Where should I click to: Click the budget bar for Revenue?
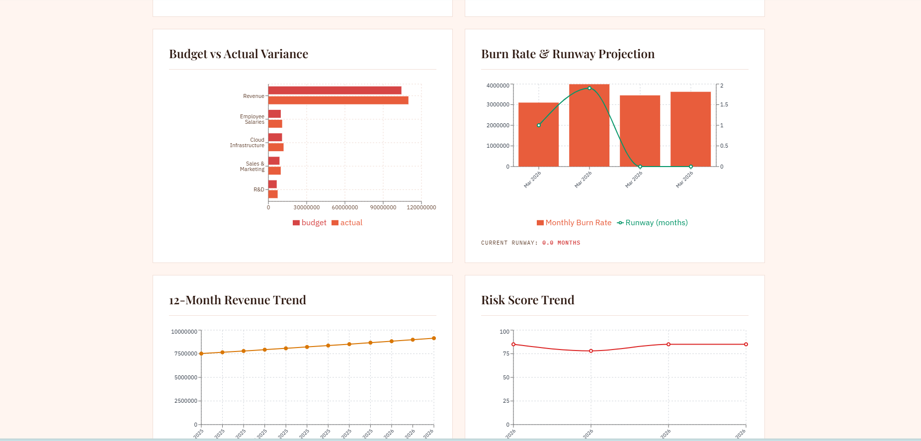click(335, 90)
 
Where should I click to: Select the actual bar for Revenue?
click(338, 100)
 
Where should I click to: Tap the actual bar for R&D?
click(273, 194)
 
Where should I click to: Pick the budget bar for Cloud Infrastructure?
click(275, 137)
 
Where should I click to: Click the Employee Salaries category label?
click(252, 119)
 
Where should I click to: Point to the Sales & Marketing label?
click(252, 167)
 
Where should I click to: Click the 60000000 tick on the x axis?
click(344, 207)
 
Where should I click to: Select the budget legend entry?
click(310, 223)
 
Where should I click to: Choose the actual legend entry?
click(347, 223)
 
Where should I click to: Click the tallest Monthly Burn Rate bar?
click(589, 125)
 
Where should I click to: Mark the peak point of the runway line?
click(589, 88)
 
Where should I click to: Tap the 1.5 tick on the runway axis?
click(724, 104)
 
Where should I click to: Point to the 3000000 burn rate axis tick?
click(498, 104)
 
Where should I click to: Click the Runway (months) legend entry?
click(652, 223)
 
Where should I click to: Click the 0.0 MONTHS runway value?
click(561, 243)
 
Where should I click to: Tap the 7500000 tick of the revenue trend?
click(185, 353)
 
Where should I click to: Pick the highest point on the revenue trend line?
click(434, 338)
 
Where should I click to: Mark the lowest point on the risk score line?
click(591, 351)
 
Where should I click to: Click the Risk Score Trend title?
click(527, 300)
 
